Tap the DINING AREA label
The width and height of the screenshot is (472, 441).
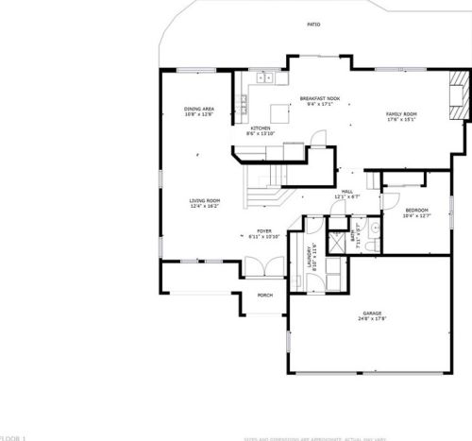point(199,109)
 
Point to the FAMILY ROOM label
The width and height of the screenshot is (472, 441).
point(400,114)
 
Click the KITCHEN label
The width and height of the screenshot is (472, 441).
point(261,127)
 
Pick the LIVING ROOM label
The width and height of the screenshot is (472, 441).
point(204,200)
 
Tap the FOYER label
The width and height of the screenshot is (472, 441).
point(263,230)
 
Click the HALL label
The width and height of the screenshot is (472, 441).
point(346,191)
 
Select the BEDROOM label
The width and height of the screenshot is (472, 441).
point(416,210)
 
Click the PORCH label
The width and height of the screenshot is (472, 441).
point(265,295)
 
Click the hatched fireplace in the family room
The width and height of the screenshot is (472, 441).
point(457,107)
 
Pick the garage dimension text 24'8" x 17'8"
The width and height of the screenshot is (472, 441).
point(371,319)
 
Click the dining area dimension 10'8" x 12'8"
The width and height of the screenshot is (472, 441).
point(199,114)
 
